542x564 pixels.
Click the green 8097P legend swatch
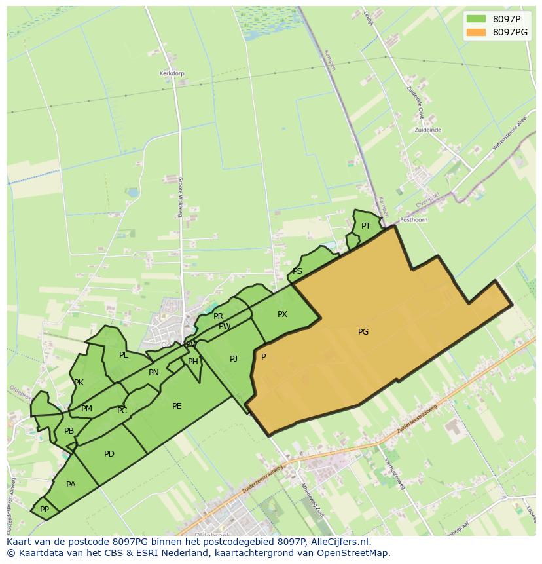point(476,18)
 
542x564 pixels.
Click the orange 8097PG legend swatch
point(476,32)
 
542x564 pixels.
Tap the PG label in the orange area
point(363,332)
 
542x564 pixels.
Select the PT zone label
point(366,226)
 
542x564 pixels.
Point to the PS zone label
point(297,271)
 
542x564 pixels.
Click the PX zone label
point(282,314)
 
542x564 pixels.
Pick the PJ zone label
point(234,358)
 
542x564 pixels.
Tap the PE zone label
point(177,406)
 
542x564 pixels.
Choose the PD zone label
point(109,454)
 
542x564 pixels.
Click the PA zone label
point(71,485)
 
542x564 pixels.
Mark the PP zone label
point(45,509)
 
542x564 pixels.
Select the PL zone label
point(124,355)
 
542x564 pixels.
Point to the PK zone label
point(79,383)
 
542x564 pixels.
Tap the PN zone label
point(154,373)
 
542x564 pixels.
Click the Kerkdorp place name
point(171,73)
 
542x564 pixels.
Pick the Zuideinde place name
point(427,130)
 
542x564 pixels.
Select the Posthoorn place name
point(414,220)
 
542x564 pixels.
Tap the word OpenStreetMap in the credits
point(353,553)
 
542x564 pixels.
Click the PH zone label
point(193,362)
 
